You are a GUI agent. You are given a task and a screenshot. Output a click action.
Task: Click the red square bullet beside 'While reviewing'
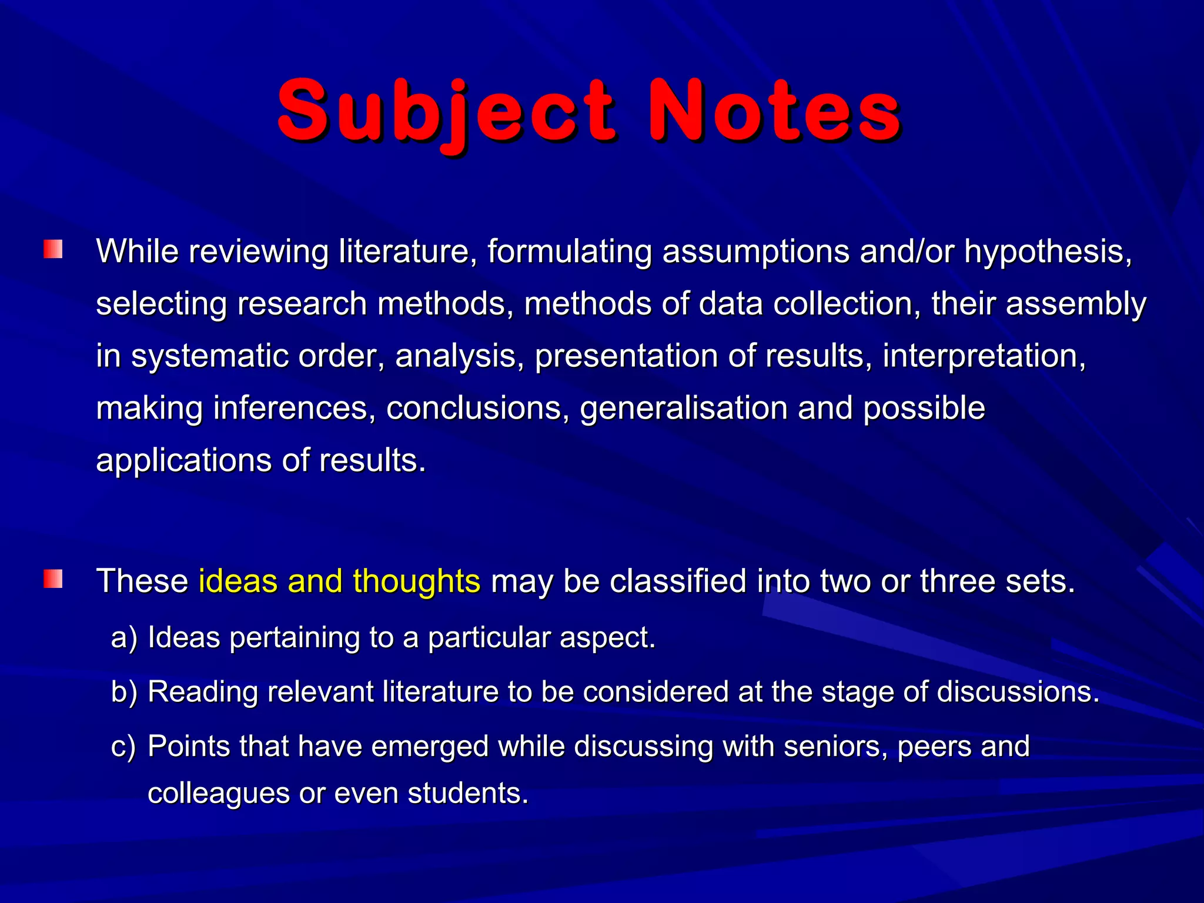(53, 249)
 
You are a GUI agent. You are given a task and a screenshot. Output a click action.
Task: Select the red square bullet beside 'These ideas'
(53, 579)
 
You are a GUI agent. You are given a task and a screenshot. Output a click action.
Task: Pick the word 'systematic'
(209, 357)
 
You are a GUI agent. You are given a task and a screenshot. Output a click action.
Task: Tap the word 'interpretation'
(984, 357)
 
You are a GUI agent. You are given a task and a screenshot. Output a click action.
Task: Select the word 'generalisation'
(684, 409)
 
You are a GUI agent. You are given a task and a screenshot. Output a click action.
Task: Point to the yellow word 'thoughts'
(416, 581)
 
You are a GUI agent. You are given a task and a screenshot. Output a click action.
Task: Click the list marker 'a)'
(124, 637)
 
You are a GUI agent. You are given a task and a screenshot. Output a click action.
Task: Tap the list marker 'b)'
(124, 692)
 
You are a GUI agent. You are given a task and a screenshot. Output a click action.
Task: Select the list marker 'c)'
(123, 747)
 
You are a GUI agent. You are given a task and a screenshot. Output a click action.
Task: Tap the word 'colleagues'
(218, 794)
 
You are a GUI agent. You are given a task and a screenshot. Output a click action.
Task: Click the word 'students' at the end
(467, 793)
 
